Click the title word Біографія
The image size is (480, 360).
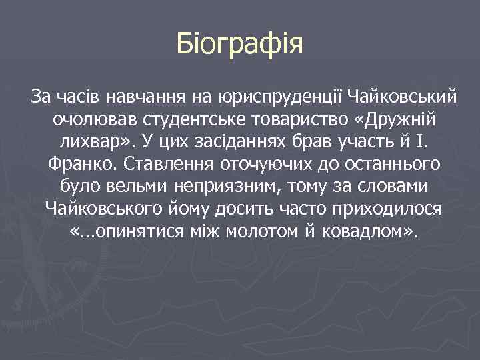240,45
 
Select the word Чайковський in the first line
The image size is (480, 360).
403,98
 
